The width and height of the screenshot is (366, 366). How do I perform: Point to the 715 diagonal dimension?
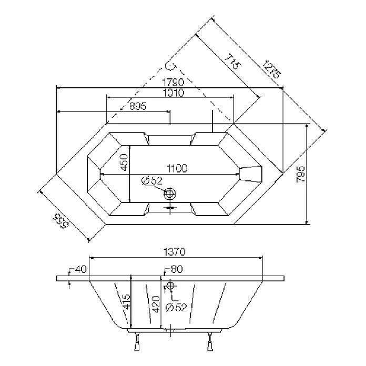tap(231, 62)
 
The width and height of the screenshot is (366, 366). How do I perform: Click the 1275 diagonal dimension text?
tap(272, 67)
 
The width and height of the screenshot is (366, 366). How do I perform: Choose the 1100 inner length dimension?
tap(177, 169)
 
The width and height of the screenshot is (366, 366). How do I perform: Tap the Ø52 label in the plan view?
tap(152, 181)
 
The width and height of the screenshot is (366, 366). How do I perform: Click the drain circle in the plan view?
tap(170, 194)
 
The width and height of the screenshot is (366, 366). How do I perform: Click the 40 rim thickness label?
tap(80, 270)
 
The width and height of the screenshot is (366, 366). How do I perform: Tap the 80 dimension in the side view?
tap(176, 270)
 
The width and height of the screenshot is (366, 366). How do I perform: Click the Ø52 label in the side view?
tap(176, 308)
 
